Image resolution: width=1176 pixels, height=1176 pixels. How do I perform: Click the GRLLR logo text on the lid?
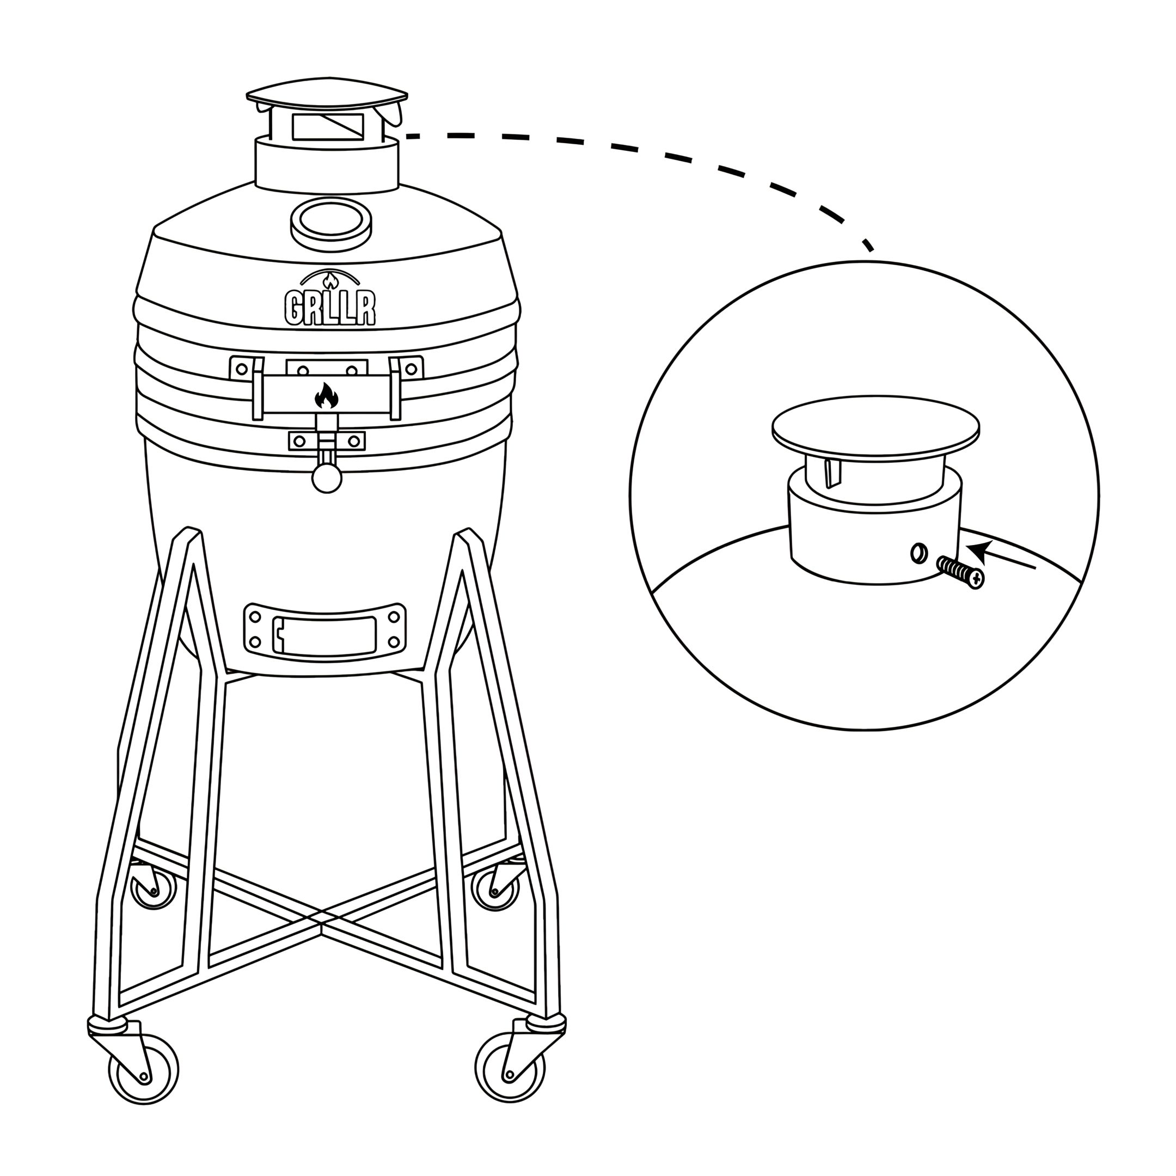coord(330,308)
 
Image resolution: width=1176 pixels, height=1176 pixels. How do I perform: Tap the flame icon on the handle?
coord(327,396)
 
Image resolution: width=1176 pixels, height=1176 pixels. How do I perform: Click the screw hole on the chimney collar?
coord(919,553)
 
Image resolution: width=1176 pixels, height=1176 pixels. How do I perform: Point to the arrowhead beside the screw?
coord(976,551)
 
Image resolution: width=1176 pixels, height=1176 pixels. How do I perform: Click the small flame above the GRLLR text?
coord(330,280)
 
